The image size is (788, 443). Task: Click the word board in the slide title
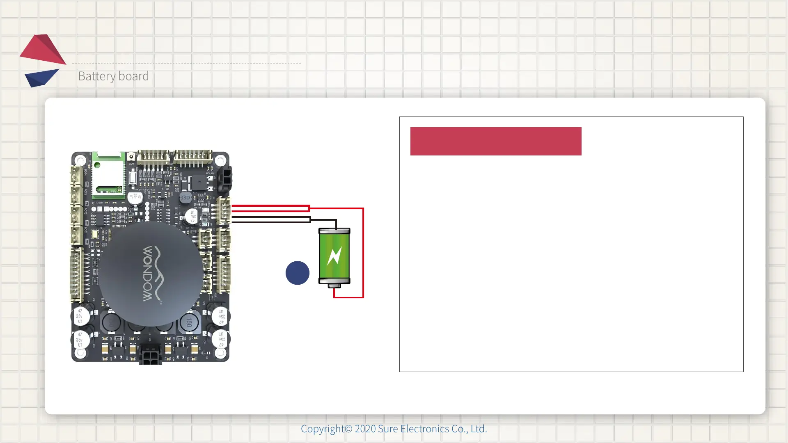[x=133, y=76]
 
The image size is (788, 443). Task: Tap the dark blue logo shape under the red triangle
[x=41, y=78]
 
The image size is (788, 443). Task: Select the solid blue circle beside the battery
[x=297, y=273]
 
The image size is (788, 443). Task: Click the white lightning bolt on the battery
[x=334, y=256]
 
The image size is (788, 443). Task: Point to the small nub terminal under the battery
[x=334, y=285]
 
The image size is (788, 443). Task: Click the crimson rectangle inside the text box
[x=495, y=141]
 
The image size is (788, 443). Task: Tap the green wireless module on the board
[x=108, y=175]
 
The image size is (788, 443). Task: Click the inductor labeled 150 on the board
[x=189, y=322]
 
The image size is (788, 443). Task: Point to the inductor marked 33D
[x=185, y=198]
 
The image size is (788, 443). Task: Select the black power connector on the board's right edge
[x=225, y=179]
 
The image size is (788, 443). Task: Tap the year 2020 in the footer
[x=365, y=429]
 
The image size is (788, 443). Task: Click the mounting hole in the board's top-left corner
[x=80, y=160]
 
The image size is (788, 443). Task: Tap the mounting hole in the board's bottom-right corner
[x=220, y=353]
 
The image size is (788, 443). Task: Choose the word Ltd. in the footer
[x=479, y=429]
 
